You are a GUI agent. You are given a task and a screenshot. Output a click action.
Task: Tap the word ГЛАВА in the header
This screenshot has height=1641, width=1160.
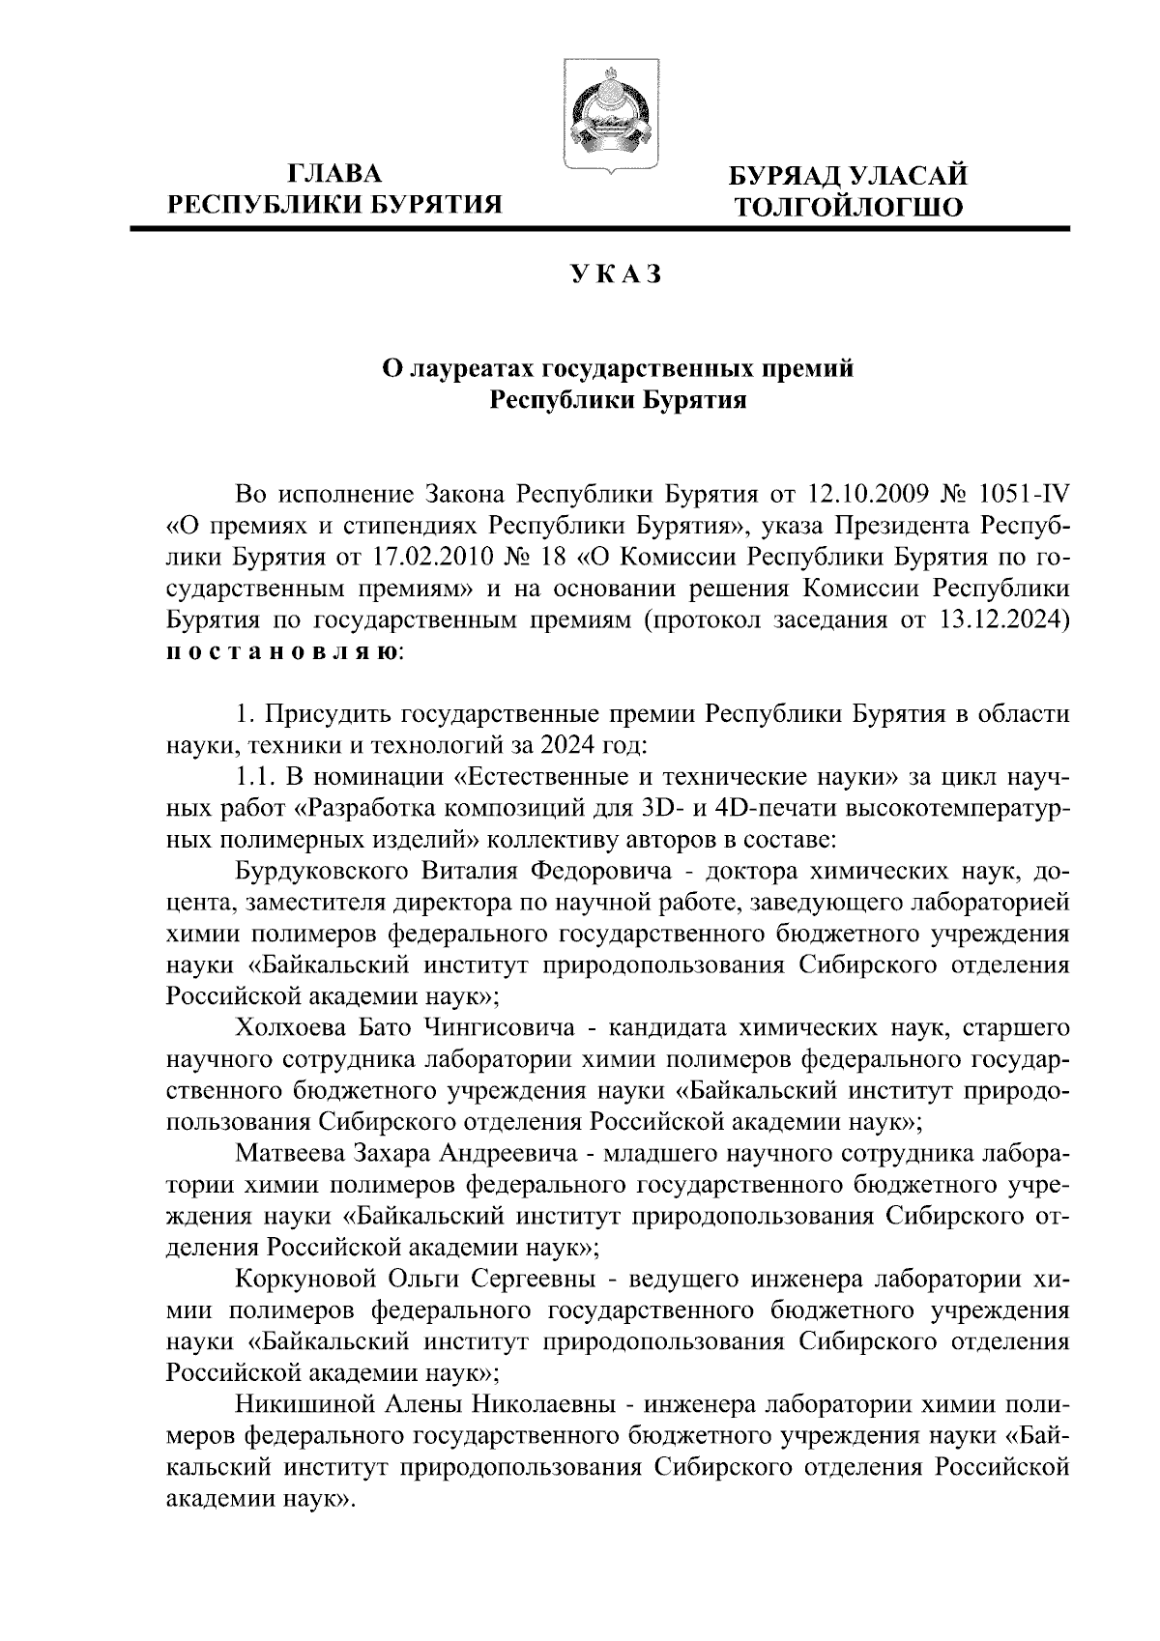(x=335, y=174)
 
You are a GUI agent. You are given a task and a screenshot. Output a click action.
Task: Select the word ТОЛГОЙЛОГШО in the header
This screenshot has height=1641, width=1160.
(x=849, y=207)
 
